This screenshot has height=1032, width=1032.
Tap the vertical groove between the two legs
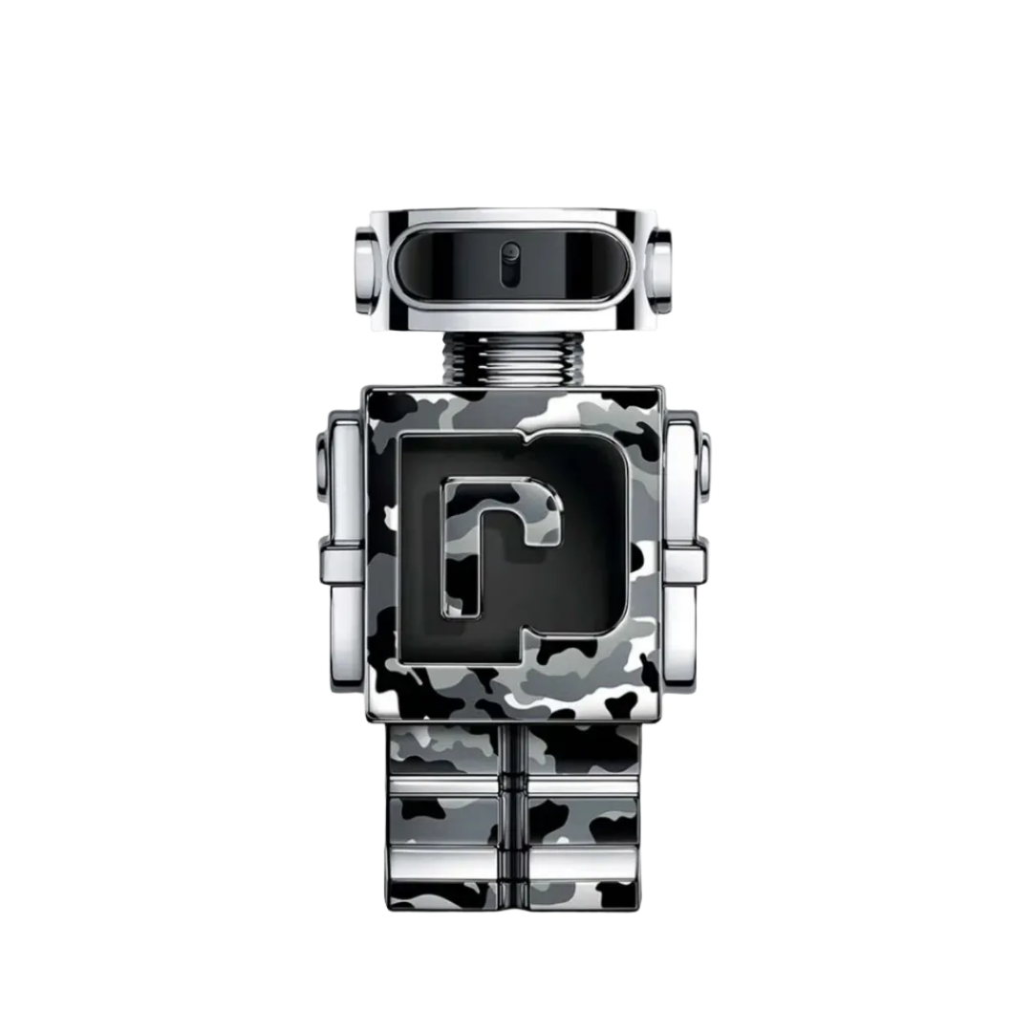[515, 822]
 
